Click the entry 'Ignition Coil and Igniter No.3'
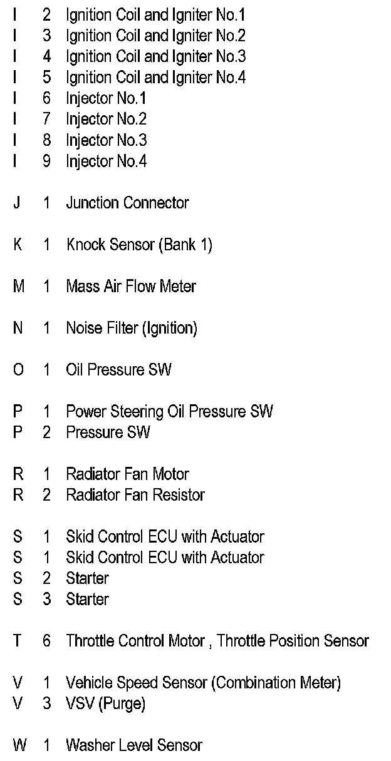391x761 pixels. click(155, 56)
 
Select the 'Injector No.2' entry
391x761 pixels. click(106, 119)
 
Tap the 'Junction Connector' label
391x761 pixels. click(127, 203)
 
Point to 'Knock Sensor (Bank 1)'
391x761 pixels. click(139, 245)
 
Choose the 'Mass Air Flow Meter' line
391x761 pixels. click(131, 287)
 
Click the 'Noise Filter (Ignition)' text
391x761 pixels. click(132, 328)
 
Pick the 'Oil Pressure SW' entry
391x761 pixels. click(118, 370)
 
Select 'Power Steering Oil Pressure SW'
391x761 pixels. click(169, 412)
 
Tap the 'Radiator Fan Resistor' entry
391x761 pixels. click(135, 495)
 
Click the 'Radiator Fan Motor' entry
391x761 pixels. click(127, 474)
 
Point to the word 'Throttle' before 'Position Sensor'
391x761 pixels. click(241, 641)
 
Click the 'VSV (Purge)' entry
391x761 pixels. click(105, 703)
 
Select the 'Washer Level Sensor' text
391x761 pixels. click(134, 745)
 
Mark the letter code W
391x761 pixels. click(19, 745)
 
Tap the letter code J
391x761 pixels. click(17, 203)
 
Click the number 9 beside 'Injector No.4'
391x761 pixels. click(46, 161)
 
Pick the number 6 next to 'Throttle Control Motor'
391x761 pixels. click(46, 641)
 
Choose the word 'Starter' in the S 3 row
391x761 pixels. click(87, 599)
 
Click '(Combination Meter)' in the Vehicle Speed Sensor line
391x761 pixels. click(276, 683)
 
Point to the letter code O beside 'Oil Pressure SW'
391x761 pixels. click(18, 370)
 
